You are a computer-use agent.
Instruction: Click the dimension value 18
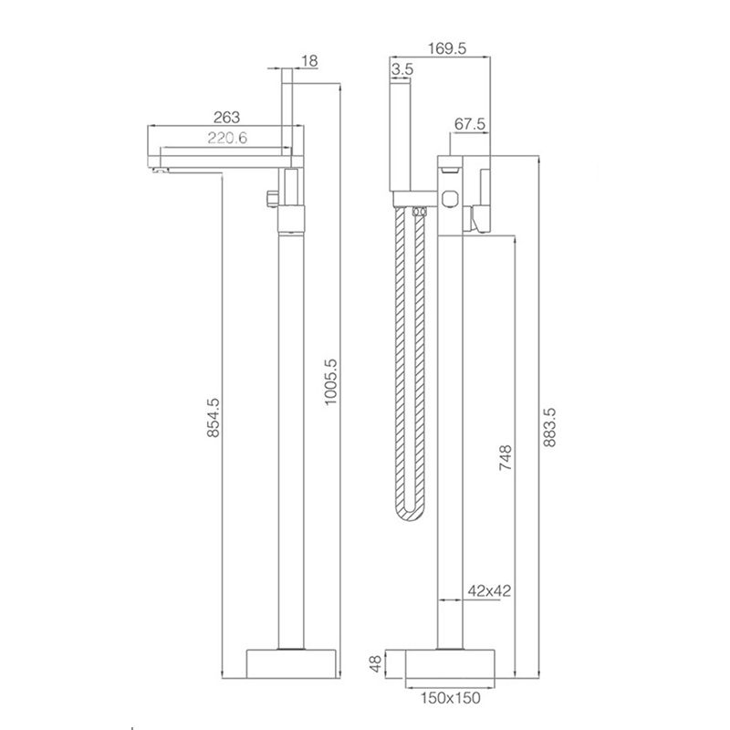(x=308, y=60)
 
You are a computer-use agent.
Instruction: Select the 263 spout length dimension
(x=226, y=117)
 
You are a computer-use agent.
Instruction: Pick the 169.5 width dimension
(x=447, y=51)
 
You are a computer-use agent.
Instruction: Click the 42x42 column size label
(x=488, y=591)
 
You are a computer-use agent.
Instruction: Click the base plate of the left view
(x=291, y=663)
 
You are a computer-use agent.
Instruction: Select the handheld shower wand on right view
(x=401, y=137)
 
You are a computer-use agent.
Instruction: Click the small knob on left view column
(x=271, y=198)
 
